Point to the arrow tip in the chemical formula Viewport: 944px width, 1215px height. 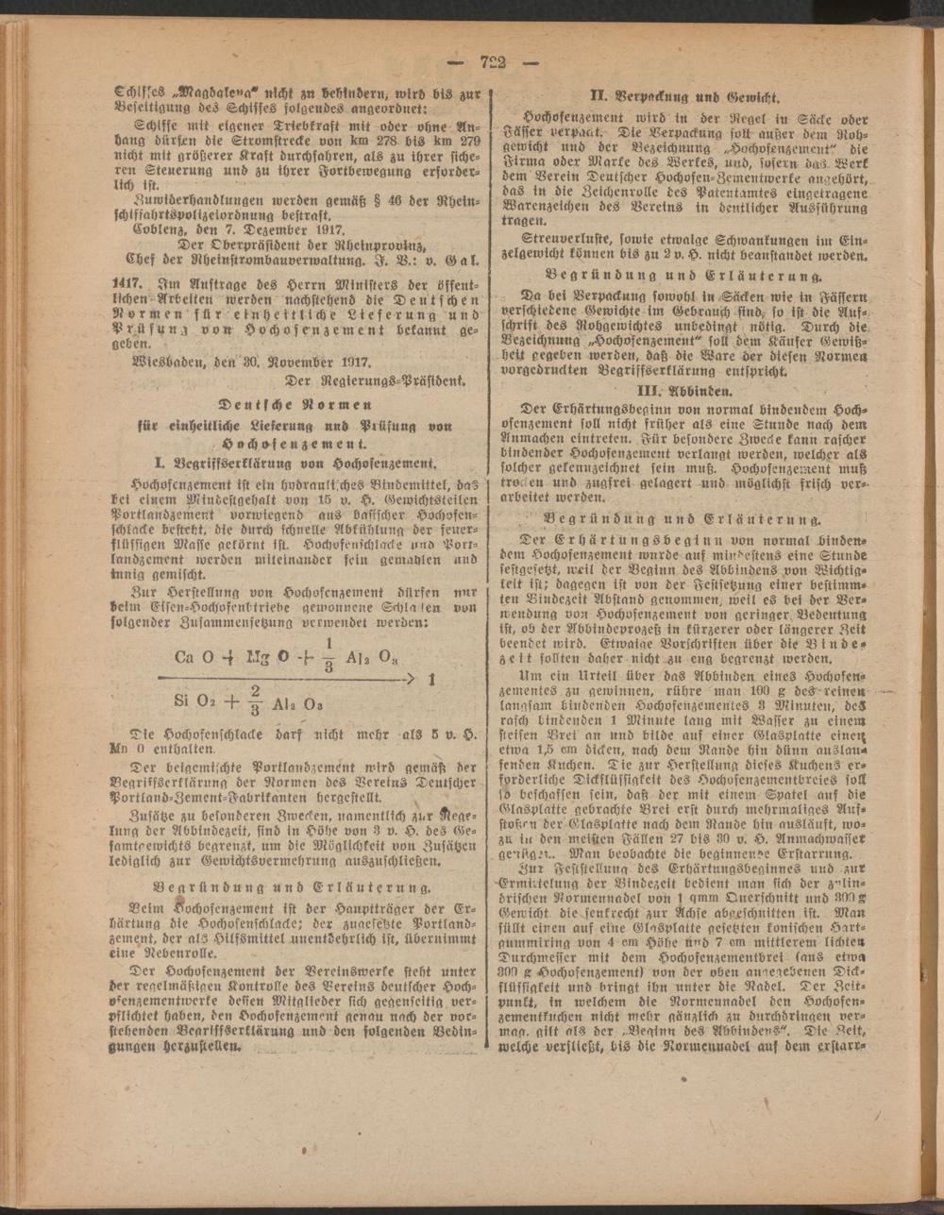(412, 678)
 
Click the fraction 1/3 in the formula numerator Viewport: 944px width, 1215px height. (329, 653)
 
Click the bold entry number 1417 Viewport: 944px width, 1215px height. (126, 282)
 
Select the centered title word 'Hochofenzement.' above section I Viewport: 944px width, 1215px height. (297, 443)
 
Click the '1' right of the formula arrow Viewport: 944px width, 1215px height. (430, 678)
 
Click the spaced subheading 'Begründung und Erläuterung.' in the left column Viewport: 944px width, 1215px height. (293, 886)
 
